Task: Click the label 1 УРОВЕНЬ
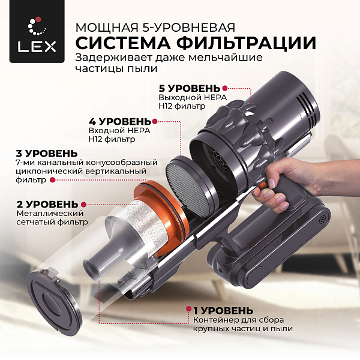223,310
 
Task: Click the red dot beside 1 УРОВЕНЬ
187,310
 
